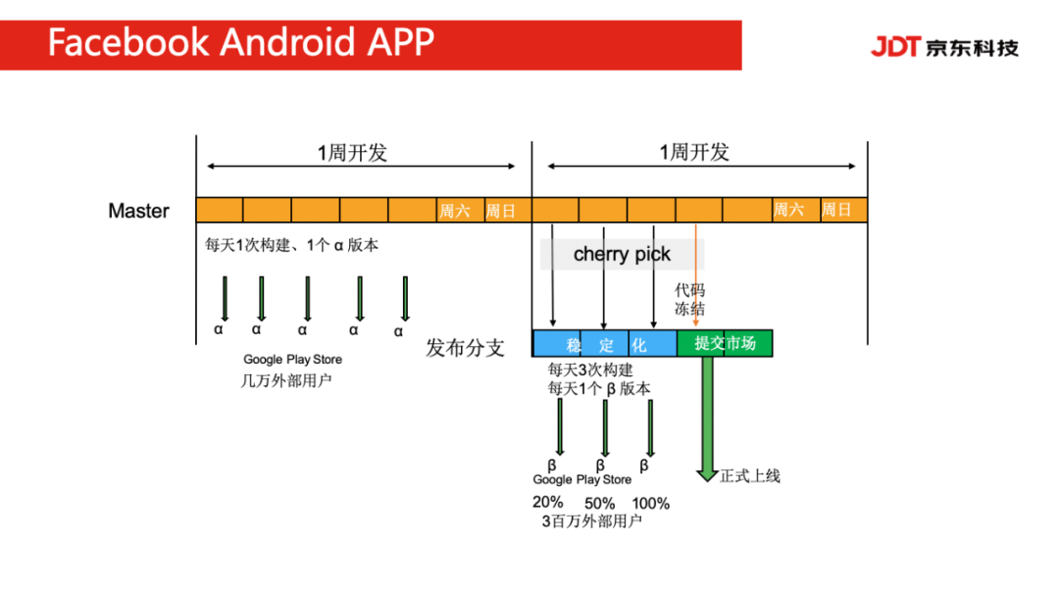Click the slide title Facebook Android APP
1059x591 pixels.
[x=240, y=42]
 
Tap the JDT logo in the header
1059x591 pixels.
[x=944, y=46]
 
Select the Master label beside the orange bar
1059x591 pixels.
[x=138, y=211]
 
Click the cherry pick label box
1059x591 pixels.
[x=622, y=255]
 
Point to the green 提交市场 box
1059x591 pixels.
[x=725, y=343]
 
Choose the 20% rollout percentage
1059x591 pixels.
[x=547, y=502]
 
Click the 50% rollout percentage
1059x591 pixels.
[x=599, y=503]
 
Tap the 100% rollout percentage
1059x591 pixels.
[x=650, y=503]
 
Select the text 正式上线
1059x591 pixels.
[x=750, y=476]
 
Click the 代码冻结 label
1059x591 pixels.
[x=689, y=300]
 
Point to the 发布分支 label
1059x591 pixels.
[x=465, y=348]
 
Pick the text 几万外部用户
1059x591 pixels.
[x=286, y=380]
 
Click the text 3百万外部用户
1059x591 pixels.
[x=591, y=521]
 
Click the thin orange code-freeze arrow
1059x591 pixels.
[x=696, y=274]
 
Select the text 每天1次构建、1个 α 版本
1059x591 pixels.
[x=291, y=246]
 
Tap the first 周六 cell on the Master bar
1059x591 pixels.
[x=455, y=211]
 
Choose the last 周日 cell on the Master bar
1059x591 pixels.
[x=836, y=210]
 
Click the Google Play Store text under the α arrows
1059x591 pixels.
[x=293, y=360]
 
